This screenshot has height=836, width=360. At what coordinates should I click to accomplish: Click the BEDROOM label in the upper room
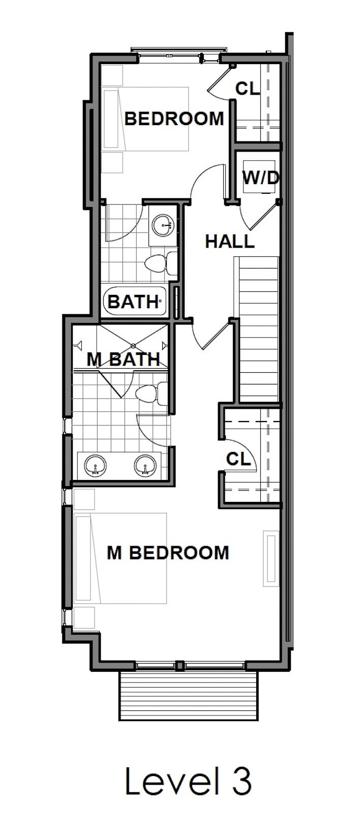pyautogui.click(x=174, y=118)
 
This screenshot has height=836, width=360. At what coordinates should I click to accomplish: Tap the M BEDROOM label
pyautogui.click(x=168, y=552)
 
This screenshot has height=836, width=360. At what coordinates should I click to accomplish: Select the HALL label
pyautogui.click(x=229, y=241)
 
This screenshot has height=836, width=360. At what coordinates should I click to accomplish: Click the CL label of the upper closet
pyautogui.click(x=248, y=88)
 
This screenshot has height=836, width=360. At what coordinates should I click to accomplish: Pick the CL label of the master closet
pyautogui.click(x=238, y=459)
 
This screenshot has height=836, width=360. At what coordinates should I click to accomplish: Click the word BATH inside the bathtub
pyautogui.click(x=133, y=302)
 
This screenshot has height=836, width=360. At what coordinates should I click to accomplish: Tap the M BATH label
pyautogui.click(x=124, y=359)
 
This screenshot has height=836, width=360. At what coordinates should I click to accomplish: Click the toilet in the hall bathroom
pyautogui.click(x=160, y=263)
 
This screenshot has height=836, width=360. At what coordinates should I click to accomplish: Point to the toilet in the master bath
pyautogui.click(x=151, y=393)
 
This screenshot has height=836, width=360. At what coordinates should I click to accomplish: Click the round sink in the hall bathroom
pyautogui.click(x=163, y=224)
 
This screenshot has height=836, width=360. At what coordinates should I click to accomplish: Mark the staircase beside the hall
pyautogui.click(x=259, y=331)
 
